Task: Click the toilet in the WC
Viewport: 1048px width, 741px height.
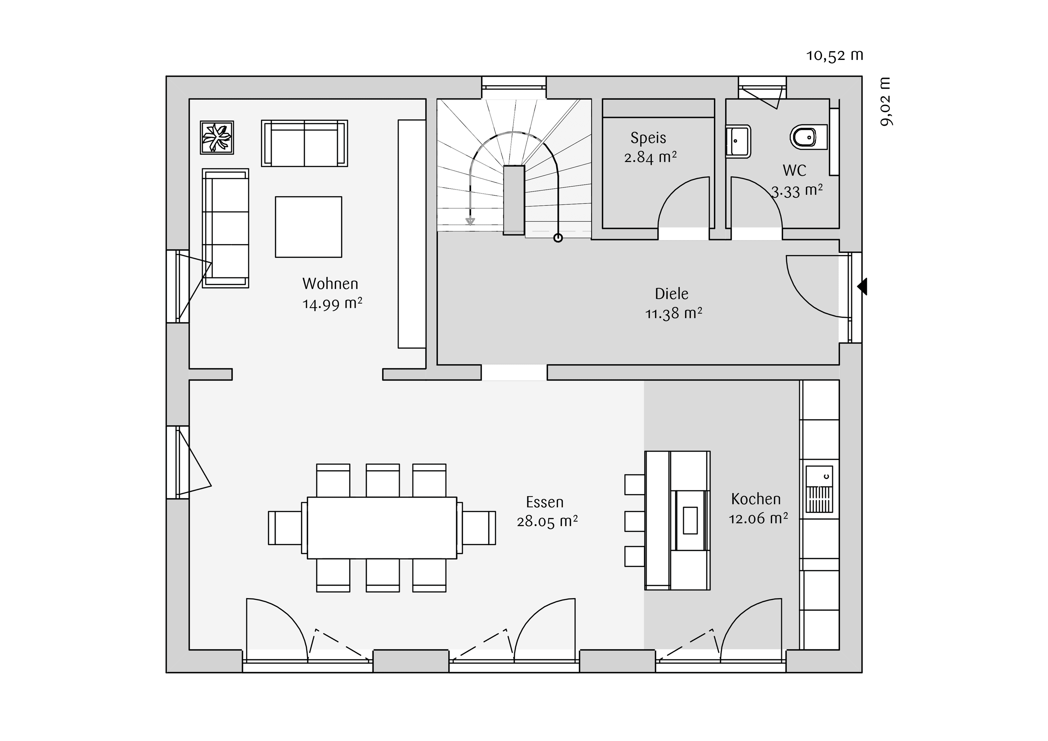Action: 808,137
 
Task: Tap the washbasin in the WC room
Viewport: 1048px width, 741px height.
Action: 738,142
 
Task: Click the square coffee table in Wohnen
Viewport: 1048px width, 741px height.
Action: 309,227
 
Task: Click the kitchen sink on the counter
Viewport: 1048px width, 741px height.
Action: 819,489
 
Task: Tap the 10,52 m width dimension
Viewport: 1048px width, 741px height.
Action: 835,55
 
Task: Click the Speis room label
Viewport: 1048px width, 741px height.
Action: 648,138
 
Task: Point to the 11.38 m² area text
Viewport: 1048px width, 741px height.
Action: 674,313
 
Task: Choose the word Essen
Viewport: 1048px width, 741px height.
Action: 545,502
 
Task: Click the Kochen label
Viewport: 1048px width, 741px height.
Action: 756,499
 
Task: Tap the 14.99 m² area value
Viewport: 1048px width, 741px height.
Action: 332,304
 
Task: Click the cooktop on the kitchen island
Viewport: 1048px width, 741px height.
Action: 690,520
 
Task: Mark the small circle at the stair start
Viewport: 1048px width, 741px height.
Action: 558,238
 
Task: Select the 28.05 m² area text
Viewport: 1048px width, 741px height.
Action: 547,522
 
